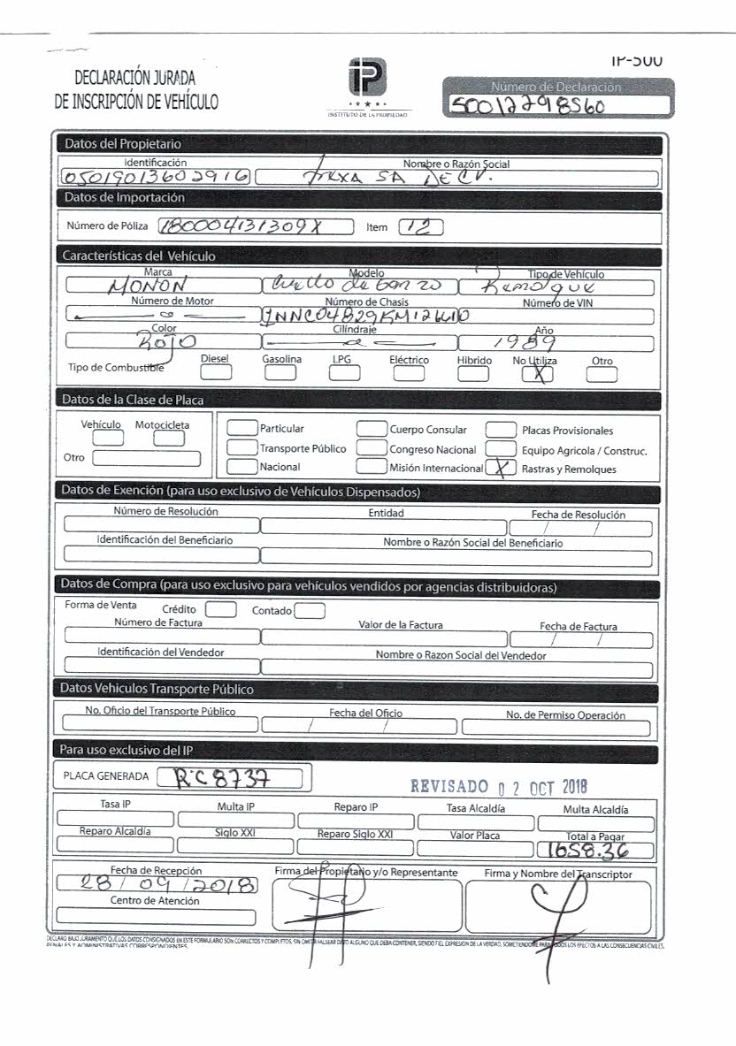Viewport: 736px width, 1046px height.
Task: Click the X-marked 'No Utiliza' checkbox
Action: point(530,374)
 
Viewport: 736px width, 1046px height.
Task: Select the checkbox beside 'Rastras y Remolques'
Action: point(503,469)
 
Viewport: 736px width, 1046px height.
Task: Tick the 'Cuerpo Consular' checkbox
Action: point(372,430)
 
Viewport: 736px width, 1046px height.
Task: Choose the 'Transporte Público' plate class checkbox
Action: point(241,448)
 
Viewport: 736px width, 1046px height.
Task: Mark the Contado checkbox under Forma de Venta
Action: point(310,610)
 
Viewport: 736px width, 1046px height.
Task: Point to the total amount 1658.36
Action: point(594,851)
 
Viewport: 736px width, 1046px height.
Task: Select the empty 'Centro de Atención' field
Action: point(155,916)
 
